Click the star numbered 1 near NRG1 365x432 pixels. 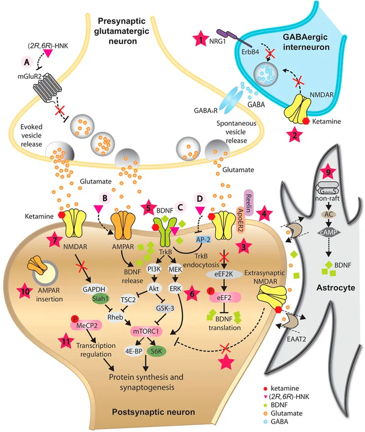point(199,40)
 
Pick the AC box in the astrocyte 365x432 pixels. point(328,214)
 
